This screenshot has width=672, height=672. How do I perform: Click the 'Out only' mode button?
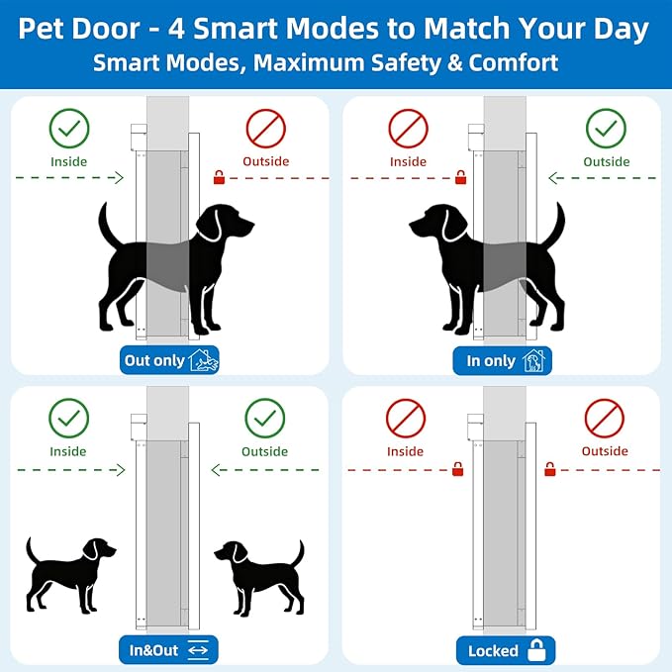click(169, 360)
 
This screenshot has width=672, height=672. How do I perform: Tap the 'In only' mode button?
click(503, 360)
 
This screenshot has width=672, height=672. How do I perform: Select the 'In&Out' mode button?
click(169, 649)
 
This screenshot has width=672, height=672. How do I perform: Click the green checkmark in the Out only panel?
click(69, 129)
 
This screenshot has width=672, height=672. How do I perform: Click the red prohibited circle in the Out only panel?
click(265, 129)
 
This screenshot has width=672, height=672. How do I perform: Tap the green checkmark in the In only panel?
click(606, 129)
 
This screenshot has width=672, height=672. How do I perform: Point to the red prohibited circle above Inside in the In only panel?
click(408, 129)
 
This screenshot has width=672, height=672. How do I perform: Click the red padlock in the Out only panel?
click(219, 178)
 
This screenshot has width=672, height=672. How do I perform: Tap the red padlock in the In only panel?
click(460, 178)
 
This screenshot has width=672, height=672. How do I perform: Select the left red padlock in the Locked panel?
click(457, 469)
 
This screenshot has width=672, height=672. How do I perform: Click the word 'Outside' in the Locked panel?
click(605, 451)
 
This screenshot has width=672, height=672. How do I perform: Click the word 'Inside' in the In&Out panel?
click(68, 451)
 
